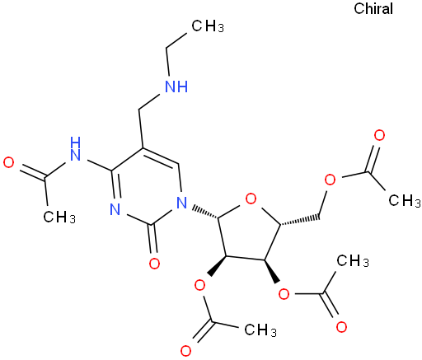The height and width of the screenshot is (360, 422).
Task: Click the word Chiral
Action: pos(373,8)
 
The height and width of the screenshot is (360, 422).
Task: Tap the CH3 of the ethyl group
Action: pos(208,26)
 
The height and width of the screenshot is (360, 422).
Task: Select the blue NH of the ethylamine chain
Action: pos(176,86)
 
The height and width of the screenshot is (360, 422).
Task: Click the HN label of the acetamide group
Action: pos(75,148)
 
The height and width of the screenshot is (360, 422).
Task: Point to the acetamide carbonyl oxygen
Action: pos(8,162)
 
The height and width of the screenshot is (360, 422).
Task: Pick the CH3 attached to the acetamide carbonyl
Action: pos(59,217)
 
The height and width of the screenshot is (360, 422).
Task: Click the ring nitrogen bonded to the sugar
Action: pos(181,203)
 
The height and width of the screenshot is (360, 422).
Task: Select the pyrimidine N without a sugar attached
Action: pos(115,209)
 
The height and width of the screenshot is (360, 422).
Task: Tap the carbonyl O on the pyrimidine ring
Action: pos(154,264)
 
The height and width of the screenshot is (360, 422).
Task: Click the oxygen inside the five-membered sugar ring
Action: pos(251,199)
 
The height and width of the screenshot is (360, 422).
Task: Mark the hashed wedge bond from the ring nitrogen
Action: pos(205,211)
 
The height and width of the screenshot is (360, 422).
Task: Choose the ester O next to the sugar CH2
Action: pos(330,180)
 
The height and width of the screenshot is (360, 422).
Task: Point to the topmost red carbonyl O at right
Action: pos(379,136)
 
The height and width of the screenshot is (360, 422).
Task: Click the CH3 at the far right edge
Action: pos(405,200)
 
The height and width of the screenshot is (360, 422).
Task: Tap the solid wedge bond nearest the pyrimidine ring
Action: pos(218,265)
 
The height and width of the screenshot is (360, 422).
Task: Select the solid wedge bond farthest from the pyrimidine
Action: pos(273,271)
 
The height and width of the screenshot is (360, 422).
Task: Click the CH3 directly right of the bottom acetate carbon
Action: pos(260,330)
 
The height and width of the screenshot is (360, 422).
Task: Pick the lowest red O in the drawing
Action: pos(185,351)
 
